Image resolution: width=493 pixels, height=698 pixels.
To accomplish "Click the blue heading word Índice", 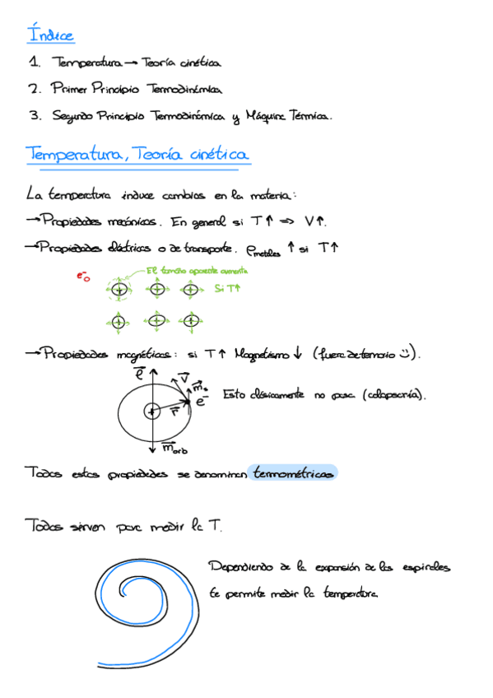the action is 50,35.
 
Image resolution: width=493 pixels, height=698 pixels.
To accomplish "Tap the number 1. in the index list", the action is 34,62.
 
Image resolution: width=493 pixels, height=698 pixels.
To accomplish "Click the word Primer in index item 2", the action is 68,88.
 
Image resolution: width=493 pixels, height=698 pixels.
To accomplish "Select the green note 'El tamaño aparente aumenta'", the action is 197,270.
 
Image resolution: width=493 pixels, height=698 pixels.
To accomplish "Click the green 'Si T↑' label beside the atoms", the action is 227,289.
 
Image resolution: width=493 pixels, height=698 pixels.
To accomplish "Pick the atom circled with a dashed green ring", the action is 119,290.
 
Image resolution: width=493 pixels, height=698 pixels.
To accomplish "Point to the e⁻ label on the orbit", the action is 199,401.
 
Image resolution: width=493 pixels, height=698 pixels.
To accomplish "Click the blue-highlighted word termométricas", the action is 294,473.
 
